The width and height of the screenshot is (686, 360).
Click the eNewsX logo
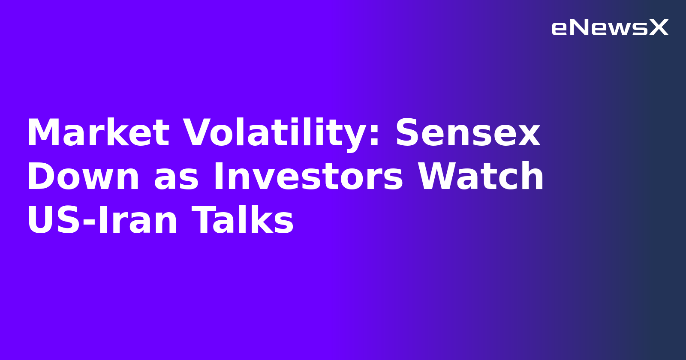tap(610, 28)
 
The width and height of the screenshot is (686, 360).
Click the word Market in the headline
tap(98, 133)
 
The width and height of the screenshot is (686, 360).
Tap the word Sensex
tap(467, 133)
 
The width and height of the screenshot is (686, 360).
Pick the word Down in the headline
tap(83, 177)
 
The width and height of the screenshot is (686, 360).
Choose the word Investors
tap(308, 177)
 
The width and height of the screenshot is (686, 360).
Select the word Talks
tap(242, 221)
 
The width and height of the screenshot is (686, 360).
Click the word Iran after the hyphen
tap(138, 221)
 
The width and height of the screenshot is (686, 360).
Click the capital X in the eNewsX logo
tap(659, 28)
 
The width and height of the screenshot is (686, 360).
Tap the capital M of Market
tap(43, 133)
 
